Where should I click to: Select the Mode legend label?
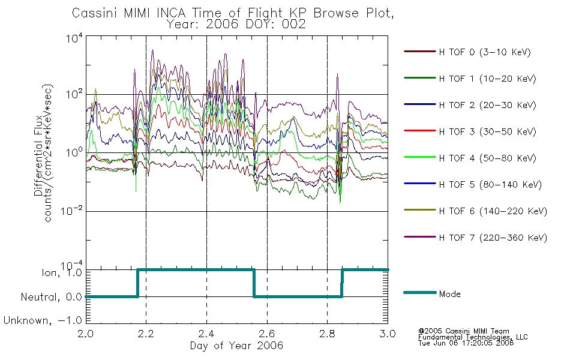tap(449, 294)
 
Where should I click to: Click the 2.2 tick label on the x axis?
tap(146, 334)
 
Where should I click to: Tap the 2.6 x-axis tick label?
tap(267, 334)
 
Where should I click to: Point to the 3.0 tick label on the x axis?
tap(388, 334)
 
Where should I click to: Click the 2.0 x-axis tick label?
tap(86, 334)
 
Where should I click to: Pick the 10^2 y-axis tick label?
tap(74, 94)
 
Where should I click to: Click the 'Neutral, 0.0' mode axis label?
tap(52, 297)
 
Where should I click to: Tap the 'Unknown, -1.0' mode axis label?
tap(43, 320)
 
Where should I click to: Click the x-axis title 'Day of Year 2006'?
tap(236, 346)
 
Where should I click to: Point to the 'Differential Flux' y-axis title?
tap(38, 155)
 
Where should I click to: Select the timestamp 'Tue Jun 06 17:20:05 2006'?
tap(466, 343)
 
